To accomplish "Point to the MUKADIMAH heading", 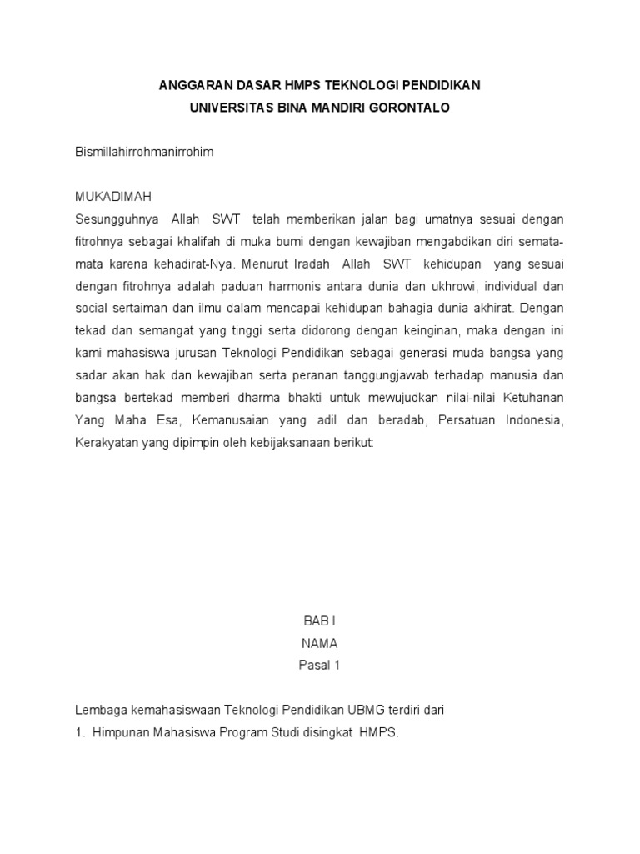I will coord(113,197).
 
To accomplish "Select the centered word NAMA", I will coord(319,644).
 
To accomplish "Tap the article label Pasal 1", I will coord(319,666).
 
